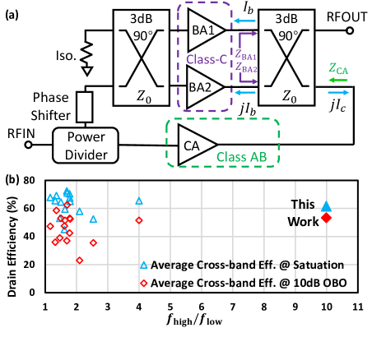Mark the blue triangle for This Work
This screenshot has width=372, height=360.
[326, 206]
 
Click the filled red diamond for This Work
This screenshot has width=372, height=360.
[326, 218]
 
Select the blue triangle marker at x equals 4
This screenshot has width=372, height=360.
[139, 201]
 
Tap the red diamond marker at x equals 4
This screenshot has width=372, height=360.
[139, 220]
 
